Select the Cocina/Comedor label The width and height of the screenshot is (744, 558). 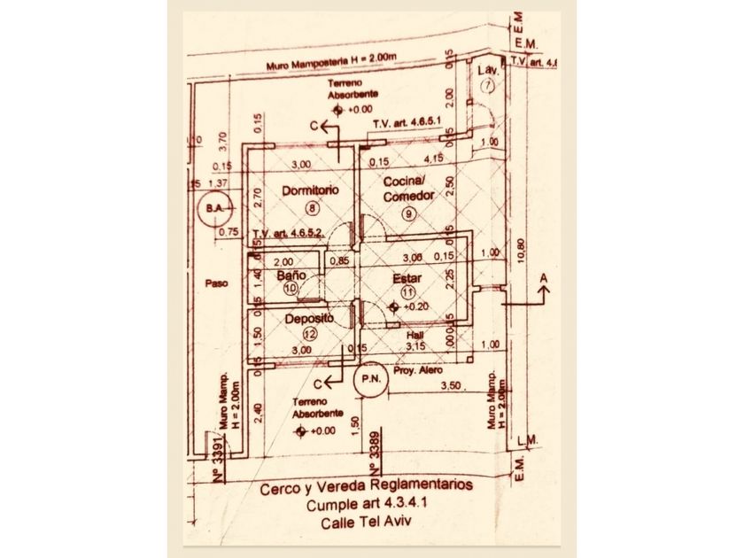point(407,189)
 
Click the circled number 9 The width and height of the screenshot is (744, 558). point(408,213)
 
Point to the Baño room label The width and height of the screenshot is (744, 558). point(291,275)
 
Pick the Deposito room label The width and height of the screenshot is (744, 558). point(309,318)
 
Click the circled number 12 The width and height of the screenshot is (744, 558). point(309,334)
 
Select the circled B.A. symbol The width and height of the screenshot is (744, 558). point(213,208)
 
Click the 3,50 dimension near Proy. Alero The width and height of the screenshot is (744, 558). point(452,385)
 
